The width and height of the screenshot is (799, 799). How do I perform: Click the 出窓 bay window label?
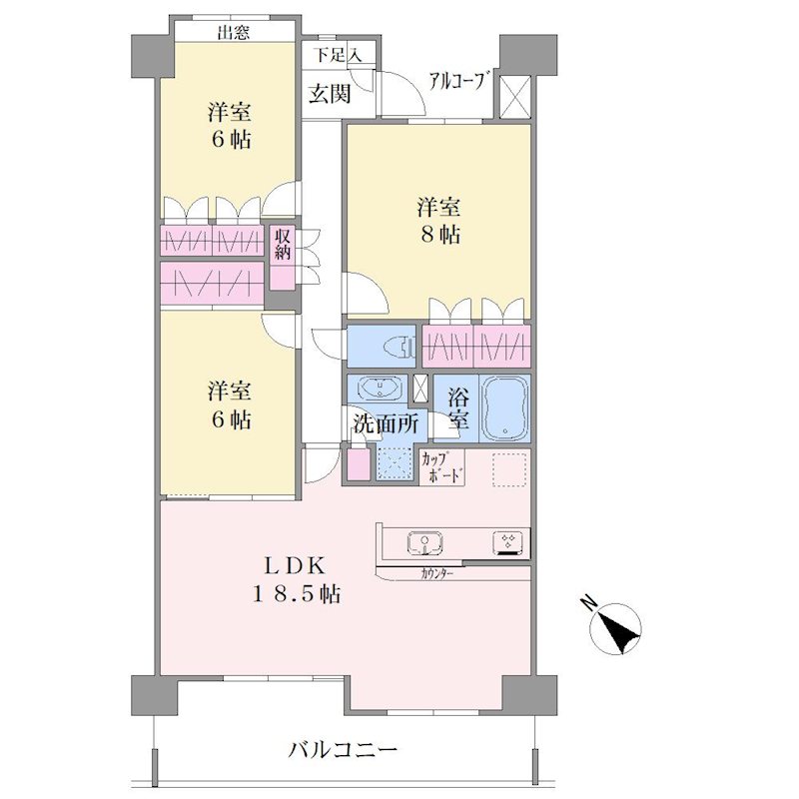(x=234, y=33)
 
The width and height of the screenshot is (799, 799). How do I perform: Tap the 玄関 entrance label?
(x=331, y=93)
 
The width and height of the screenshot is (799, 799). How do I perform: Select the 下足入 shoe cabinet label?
(x=337, y=54)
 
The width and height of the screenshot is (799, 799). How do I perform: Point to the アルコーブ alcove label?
(x=455, y=81)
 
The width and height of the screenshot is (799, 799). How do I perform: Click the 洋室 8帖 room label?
(x=438, y=221)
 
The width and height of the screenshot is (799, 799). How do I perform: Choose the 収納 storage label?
(x=283, y=244)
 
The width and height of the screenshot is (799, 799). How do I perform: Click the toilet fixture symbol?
(x=406, y=346)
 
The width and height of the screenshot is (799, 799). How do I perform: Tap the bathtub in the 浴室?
(x=505, y=408)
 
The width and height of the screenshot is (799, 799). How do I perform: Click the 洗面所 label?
(x=387, y=423)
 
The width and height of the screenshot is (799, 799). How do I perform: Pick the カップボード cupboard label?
(x=441, y=467)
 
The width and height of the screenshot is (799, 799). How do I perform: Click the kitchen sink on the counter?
(x=425, y=542)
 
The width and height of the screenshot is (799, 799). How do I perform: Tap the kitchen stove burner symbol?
(x=507, y=543)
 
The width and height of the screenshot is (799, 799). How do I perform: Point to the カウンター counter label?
(x=437, y=574)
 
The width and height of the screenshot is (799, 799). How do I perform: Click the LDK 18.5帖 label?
(x=296, y=579)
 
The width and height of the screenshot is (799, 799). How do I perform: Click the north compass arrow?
(x=615, y=629)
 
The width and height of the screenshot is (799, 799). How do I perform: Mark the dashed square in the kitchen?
(x=509, y=469)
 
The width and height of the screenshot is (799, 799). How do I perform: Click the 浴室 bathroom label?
(x=457, y=408)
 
